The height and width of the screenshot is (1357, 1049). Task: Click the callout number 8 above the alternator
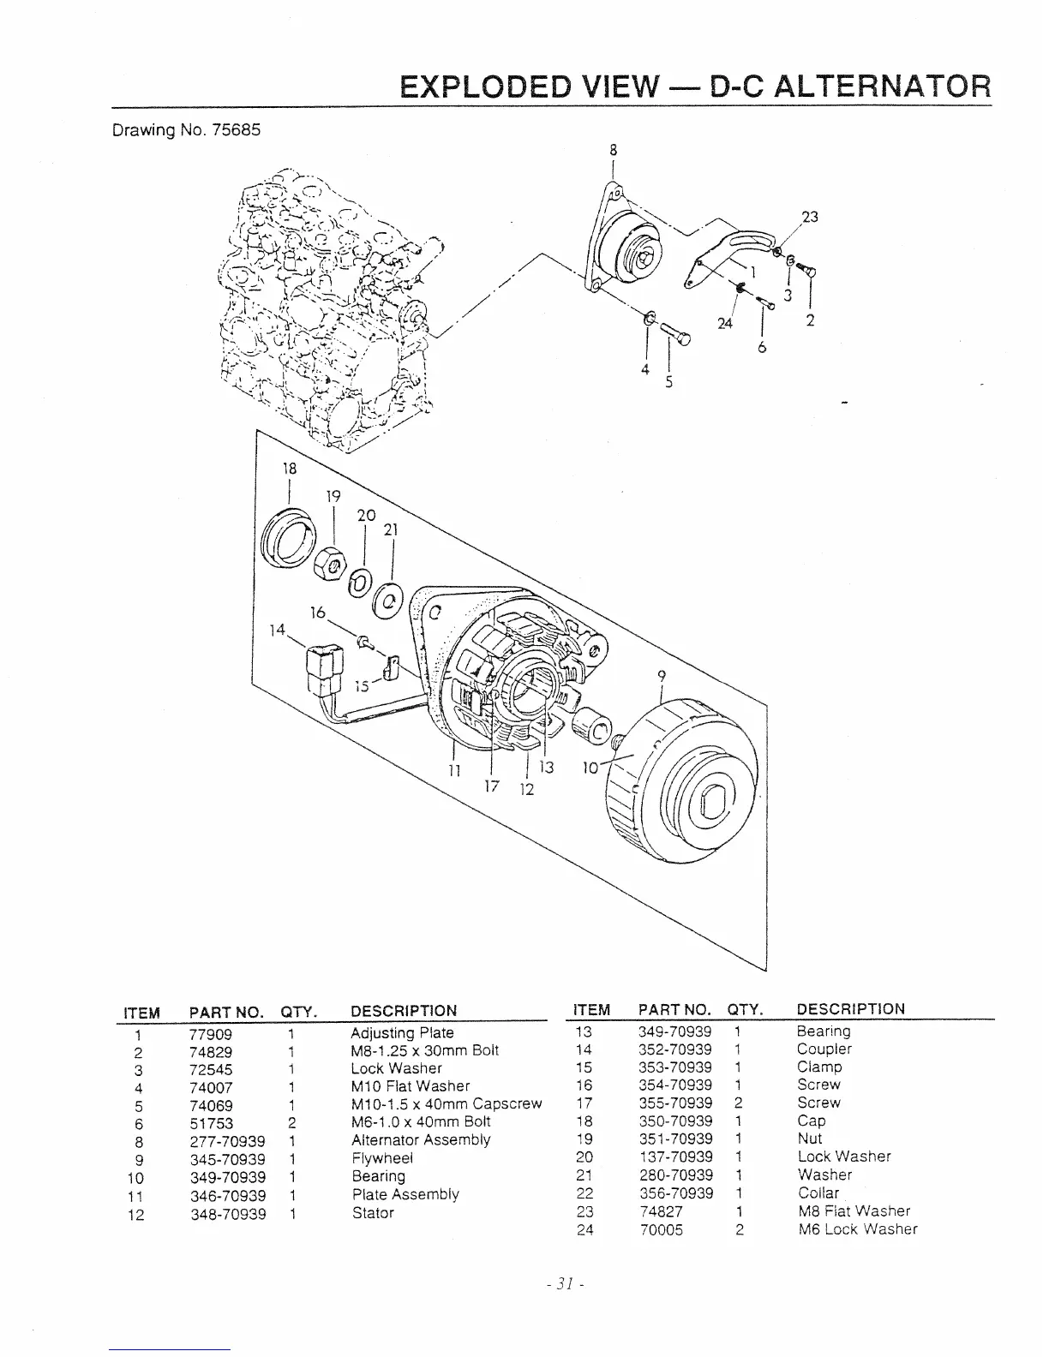click(x=613, y=148)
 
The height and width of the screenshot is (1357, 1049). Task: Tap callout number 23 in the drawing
click(x=810, y=217)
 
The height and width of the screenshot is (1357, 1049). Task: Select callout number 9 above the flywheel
click(x=661, y=675)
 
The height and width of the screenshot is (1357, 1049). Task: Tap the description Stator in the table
click(x=373, y=1213)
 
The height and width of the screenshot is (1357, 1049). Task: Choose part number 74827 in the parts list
click(x=661, y=1211)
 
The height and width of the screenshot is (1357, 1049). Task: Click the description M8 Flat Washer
click(x=854, y=1211)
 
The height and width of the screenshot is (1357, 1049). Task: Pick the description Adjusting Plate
click(x=402, y=1033)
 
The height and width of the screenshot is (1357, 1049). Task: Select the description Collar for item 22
click(x=818, y=1193)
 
